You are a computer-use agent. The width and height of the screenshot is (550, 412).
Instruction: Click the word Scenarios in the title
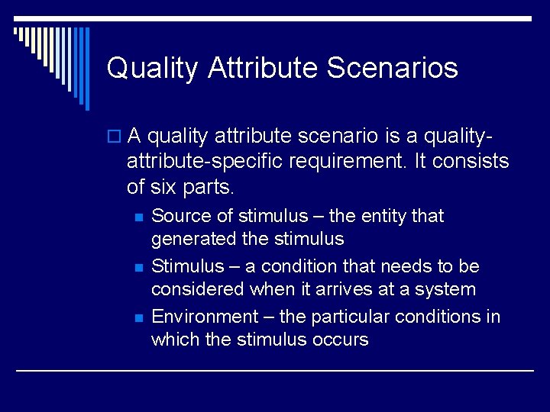pyautogui.click(x=392, y=68)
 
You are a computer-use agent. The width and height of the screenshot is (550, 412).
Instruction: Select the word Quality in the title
pyautogui.click(x=152, y=68)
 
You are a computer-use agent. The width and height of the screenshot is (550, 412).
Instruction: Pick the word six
pyautogui.click(x=162, y=185)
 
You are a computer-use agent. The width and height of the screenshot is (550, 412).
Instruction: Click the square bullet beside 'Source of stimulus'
pyautogui.click(x=137, y=217)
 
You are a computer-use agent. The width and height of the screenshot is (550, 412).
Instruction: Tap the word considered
pyautogui.click(x=199, y=289)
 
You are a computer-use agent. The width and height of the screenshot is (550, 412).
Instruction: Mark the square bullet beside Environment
pyautogui.click(x=137, y=317)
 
